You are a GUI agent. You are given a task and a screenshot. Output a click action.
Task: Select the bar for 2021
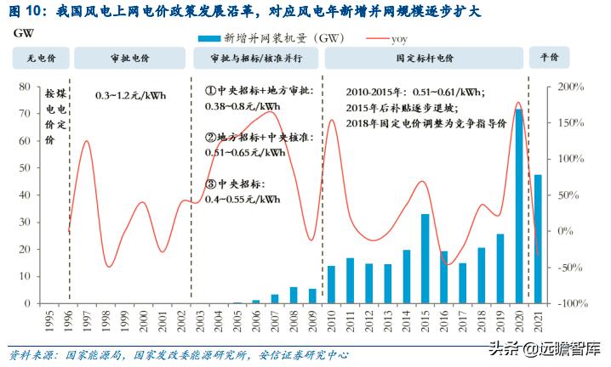tap(537, 239)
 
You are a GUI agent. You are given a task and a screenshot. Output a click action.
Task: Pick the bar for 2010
tap(331, 284)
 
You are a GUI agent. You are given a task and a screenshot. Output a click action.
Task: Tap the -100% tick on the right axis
tap(568, 303)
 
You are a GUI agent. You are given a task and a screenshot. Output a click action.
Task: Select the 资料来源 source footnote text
tap(179, 355)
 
